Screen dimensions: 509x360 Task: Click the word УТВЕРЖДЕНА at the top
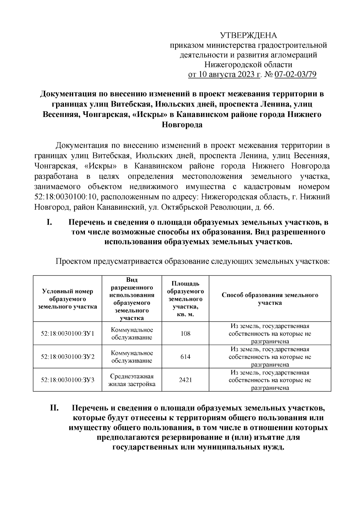coord(249,35)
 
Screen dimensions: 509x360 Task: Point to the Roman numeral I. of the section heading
coord(50,223)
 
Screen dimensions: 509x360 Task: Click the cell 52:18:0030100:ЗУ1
coord(67,334)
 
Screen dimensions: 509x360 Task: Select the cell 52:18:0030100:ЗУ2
coord(67,357)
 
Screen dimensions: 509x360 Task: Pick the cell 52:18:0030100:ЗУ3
coord(67,380)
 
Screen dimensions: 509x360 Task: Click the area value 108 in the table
coord(185,334)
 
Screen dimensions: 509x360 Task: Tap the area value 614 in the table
coord(185,357)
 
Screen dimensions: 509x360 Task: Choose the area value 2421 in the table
coord(185,380)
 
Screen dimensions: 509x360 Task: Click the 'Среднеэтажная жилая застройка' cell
coord(132,380)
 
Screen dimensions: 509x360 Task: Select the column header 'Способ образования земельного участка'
coord(270,299)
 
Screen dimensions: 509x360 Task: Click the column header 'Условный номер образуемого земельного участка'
coord(67,299)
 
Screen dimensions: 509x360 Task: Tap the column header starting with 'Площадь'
coord(185,299)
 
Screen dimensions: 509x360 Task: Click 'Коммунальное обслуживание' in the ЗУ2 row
coord(132,357)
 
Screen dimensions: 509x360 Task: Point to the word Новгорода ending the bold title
coord(182,125)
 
